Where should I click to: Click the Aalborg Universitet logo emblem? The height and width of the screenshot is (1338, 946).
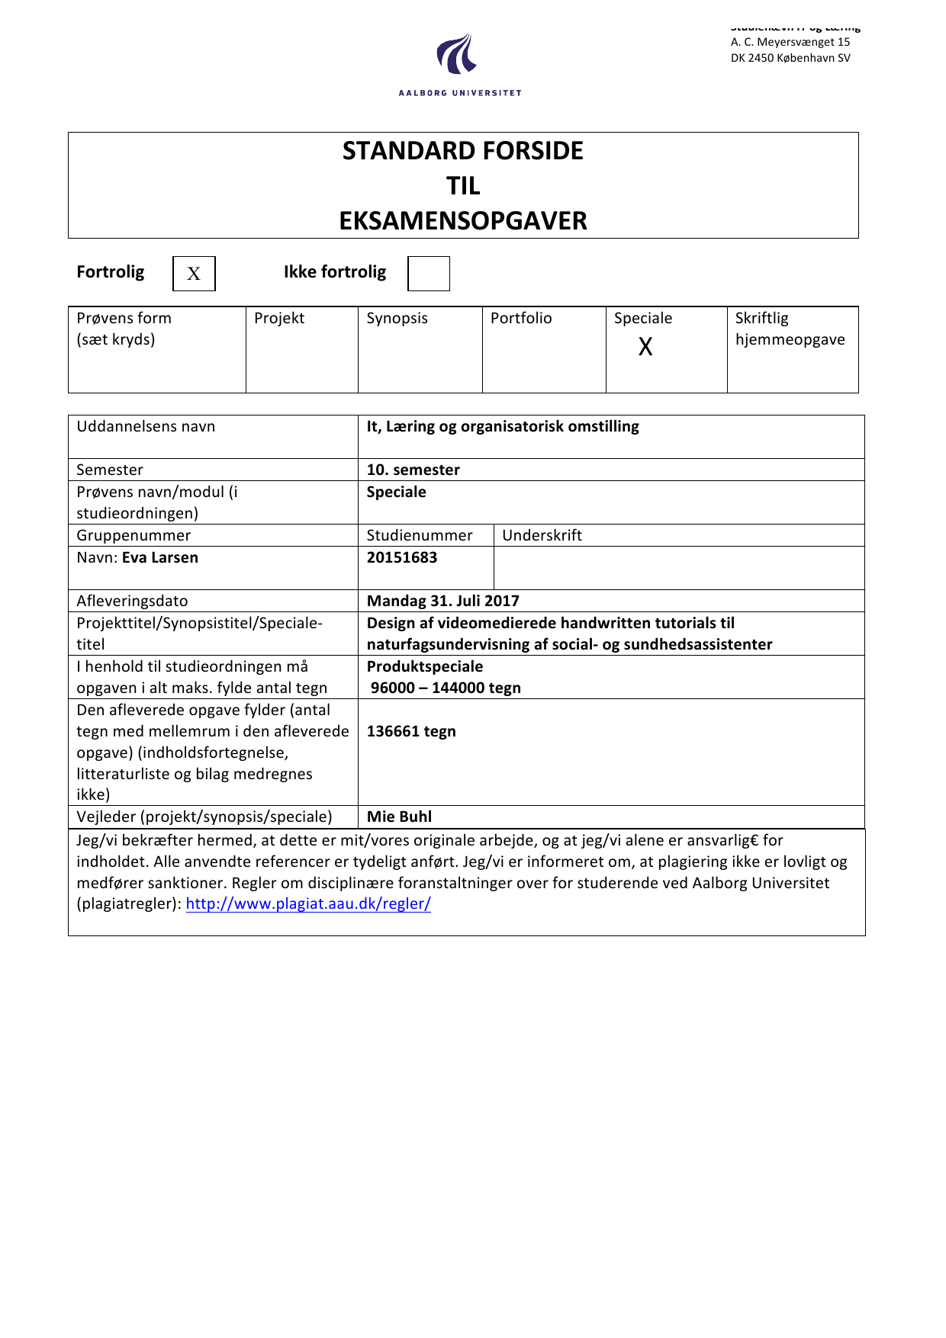coord(458,55)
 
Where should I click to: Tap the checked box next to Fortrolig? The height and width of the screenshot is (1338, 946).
coord(194,274)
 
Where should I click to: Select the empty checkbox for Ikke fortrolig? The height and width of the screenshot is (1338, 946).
coord(429,274)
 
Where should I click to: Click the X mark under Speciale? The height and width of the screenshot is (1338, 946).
coord(645,347)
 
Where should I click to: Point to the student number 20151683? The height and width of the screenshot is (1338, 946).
coord(402,557)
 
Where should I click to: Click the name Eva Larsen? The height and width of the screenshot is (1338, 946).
coord(159,557)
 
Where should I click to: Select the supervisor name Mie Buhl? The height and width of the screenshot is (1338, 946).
coord(399,817)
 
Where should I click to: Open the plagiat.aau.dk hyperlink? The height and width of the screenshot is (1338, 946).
coord(308,903)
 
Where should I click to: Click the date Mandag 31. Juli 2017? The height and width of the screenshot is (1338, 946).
coord(442,601)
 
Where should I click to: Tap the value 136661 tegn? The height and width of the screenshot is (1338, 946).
coord(411,731)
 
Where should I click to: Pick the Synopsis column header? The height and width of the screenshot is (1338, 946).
coord(397,318)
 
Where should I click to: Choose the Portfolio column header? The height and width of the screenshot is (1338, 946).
coord(521,318)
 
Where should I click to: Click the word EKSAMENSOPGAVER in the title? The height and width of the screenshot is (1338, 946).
coord(463,221)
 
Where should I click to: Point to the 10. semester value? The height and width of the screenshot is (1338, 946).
coord(413,470)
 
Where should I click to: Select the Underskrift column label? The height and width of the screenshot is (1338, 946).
coord(542,535)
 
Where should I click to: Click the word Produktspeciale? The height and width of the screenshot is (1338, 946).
coord(425,666)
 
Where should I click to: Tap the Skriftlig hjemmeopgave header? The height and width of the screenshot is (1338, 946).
coord(790,329)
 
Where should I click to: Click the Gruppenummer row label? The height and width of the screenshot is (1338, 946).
coord(134,535)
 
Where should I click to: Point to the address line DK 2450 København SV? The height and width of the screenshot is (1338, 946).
coord(790,58)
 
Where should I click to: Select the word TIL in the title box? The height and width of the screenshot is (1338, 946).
coord(463,186)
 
